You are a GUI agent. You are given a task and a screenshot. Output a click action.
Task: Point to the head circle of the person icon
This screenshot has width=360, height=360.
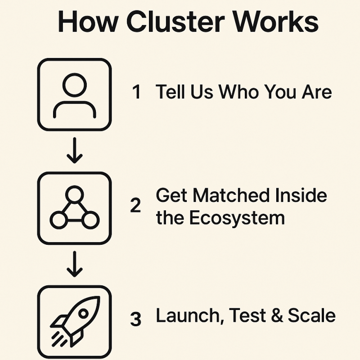point(74,84)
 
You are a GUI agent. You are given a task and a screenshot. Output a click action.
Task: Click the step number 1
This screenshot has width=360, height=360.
point(136,93)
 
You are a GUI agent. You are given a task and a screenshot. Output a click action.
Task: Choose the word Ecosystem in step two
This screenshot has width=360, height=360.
point(237,218)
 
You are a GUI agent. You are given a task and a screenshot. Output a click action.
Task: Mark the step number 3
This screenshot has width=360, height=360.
point(135,319)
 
